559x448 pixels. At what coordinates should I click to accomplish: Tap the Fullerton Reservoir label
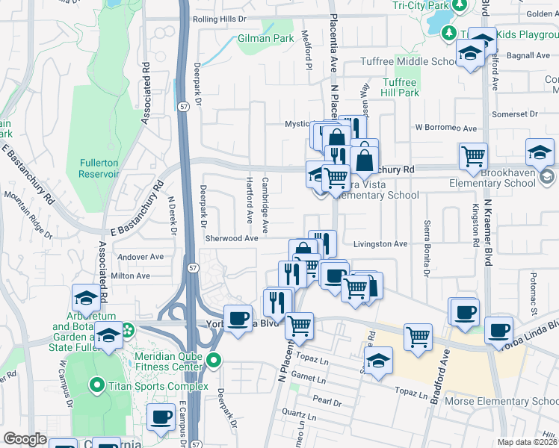tap(99, 168)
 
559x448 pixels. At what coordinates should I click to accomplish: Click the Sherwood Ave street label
tap(232, 238)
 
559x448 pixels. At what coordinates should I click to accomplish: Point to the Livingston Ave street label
tap(380, 243)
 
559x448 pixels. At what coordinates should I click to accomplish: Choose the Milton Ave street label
tap(131, 276)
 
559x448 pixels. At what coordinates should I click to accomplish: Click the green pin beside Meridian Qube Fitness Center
tap(214, 361)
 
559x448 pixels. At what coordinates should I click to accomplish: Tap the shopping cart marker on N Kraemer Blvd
tap(473, 155)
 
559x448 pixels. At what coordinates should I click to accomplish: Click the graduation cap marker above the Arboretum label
tap(87, 296)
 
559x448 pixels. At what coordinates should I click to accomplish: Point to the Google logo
tap(25, 439)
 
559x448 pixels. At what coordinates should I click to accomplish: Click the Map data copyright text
tap(528, 442)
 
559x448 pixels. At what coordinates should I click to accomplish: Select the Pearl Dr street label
tap(327, 402)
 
